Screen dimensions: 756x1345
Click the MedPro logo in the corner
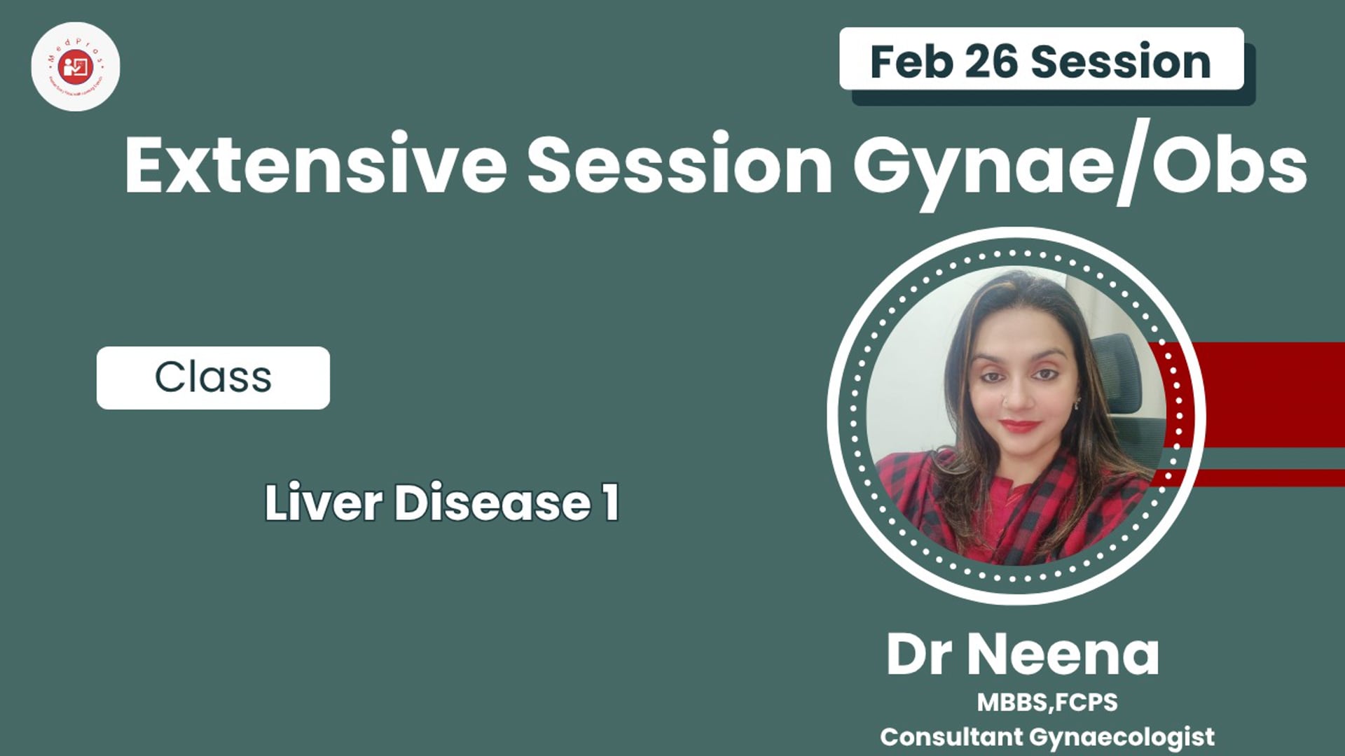point(76,66)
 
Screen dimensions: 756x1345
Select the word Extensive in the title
point(315,165)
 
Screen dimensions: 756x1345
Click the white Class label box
point(213,377)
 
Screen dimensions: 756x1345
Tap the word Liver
point(324,503)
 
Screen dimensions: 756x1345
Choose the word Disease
point(492,503)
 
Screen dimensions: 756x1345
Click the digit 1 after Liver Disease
point(611,503)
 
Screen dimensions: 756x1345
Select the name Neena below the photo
point(1063,654)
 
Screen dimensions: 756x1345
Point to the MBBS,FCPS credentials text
point(1047,702)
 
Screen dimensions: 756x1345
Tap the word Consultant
point(951,736)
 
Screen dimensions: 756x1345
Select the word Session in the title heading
point(680,165)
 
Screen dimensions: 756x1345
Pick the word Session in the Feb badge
point(1121,62)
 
